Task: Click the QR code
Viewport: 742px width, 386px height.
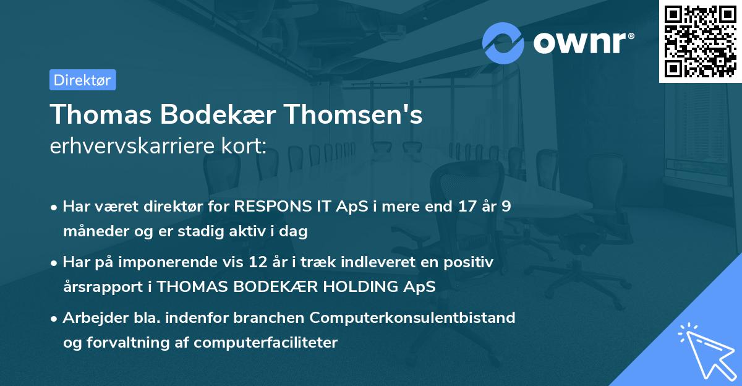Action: tap(701, 41)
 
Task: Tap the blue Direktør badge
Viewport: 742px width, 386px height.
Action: tap(82, 80)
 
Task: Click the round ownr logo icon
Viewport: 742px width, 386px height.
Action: tap(503, 43)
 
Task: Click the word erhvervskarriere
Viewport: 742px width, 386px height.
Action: tap(135, 147)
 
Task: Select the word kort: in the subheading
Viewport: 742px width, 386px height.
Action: tap(246, 147)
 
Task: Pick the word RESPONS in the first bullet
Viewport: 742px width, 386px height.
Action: tap(270, 207)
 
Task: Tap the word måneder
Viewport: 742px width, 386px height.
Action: tap(92, 232)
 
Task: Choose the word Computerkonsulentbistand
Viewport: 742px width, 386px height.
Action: tap(412, 318)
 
